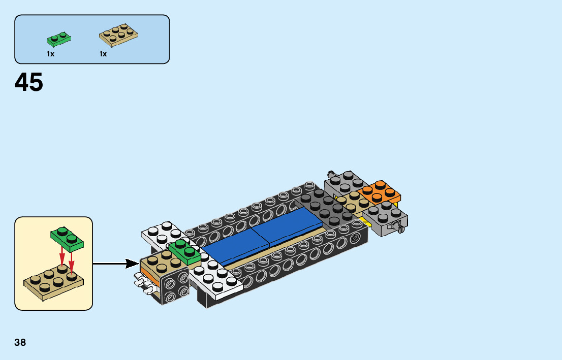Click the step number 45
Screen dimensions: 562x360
pyautogui.click(x=29, y=82)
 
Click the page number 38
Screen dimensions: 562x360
pyautogui.click(x=20, y=342)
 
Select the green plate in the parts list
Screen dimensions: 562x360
pyautogui.click(x=58, y=39)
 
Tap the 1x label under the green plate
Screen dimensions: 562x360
pyautogui.click(x=50, y=54)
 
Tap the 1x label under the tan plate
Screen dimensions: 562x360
pyautogui.click(x=103, y=54)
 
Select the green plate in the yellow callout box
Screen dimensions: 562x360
pyautogui.click(x=67, y=238)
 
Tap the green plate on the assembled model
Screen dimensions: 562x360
pyautogui.click(x=184, y=252)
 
